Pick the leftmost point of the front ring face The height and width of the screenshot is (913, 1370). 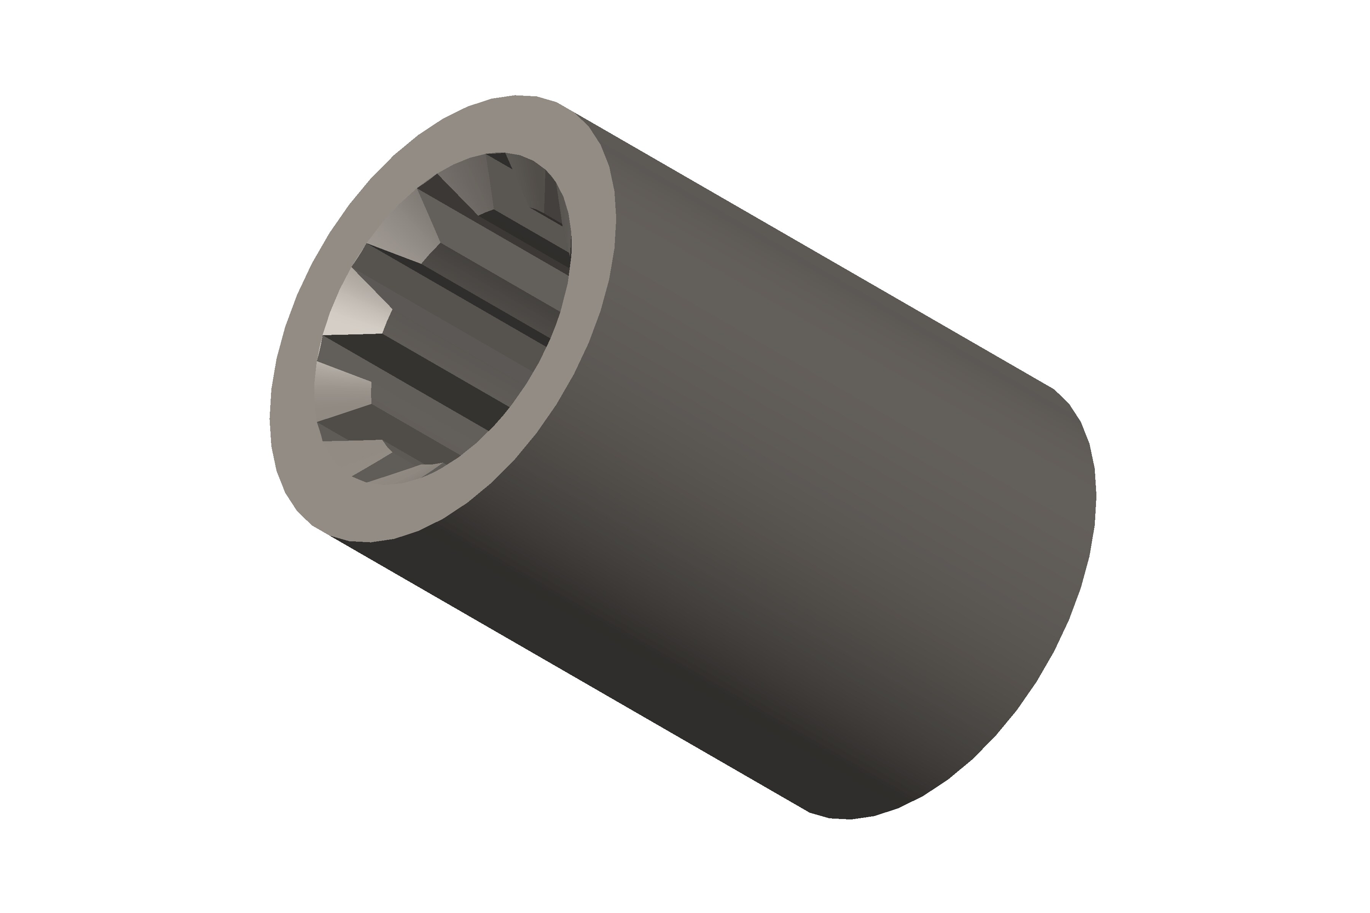pos(270,419)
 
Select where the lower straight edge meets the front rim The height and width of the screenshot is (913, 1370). pos(331,536)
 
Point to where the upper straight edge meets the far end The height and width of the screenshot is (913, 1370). pos(1053,388)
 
